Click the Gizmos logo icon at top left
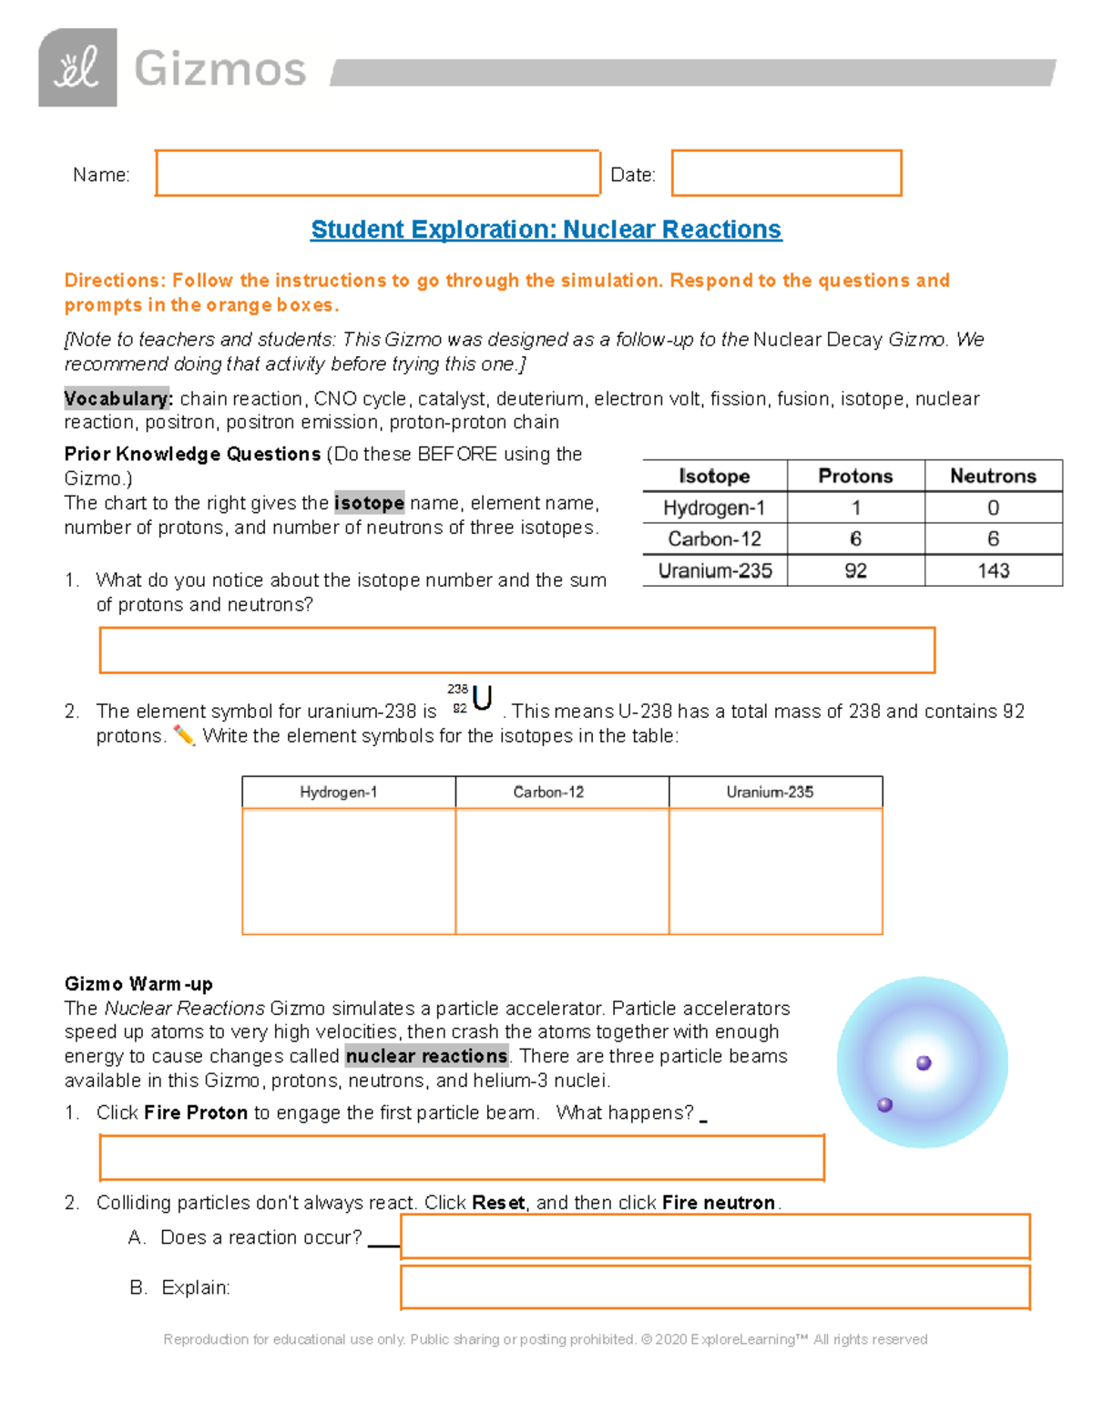77,68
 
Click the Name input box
377,173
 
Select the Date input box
786,173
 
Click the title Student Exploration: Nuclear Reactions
546,230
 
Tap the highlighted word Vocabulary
117,399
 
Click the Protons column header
855,476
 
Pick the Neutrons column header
993,476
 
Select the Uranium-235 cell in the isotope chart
715,570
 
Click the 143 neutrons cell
993,570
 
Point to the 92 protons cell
855,570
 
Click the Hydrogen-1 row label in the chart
714,508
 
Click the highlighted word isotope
369,503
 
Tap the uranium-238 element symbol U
483,699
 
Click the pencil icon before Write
184,735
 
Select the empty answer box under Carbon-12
562,870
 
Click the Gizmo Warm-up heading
138,984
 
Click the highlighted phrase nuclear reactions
426,1056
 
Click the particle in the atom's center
924,1062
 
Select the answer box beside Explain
715,1287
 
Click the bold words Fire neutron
719,1203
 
